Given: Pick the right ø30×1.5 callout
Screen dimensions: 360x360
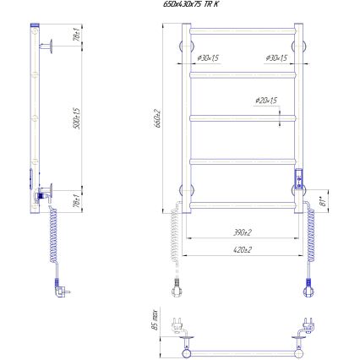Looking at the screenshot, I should [x=276, y=57].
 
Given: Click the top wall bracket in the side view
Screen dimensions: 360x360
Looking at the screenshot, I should [x=52, y=45].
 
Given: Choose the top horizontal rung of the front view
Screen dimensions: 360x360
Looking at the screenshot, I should [x=240, y=32].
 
